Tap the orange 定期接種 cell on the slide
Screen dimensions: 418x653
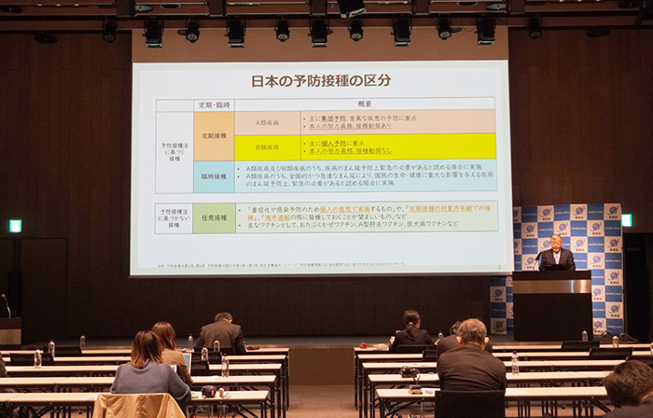[214, 135]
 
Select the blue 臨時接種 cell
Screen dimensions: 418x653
[214, 176]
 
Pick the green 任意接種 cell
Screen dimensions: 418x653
[214, 218]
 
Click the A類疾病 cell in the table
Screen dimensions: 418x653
[266, 122]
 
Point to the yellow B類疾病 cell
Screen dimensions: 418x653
[266, 147]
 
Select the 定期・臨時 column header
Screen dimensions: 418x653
[214, 104]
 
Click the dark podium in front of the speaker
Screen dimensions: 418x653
[552, 303]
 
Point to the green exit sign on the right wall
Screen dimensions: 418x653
[626, 220]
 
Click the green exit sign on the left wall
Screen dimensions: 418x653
[15, 226]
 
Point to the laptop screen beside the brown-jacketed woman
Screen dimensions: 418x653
[187, 359]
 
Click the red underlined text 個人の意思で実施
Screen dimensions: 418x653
[351, 209]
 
